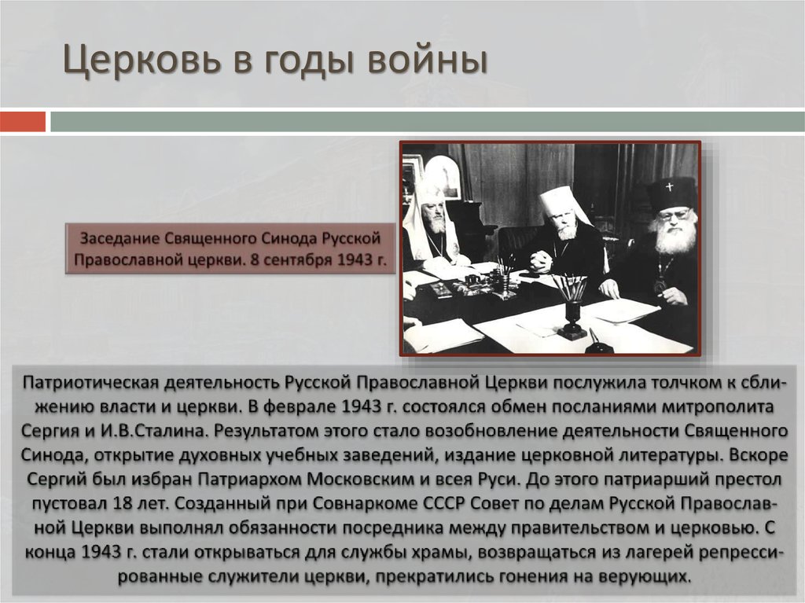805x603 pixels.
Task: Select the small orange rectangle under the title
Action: (23, 122)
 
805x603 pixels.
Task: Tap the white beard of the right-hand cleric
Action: (675, 238)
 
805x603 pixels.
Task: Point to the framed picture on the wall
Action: (442, 177)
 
